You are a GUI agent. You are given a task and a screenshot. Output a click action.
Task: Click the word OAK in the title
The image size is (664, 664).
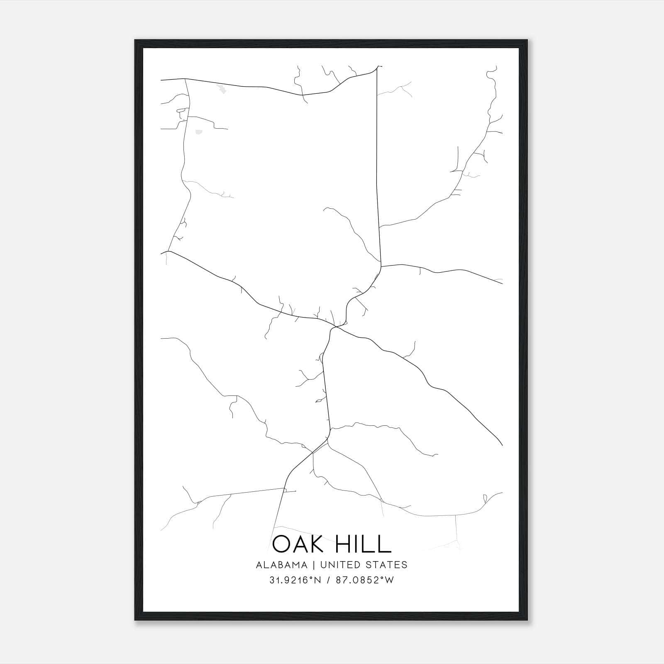[x=298, y=544]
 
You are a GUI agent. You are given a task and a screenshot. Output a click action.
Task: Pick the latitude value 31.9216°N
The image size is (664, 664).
[x=294, y=580]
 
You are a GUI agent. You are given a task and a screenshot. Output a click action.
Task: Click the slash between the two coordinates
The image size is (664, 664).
[x=329, y=580]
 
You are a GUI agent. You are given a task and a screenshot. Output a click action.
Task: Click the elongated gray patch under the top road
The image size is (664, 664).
[x=222, y=89]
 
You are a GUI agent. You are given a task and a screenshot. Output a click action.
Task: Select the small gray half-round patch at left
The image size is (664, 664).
[x=198, y=132]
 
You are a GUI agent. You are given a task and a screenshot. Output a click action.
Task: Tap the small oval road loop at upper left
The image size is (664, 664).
[x=181, y=110]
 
